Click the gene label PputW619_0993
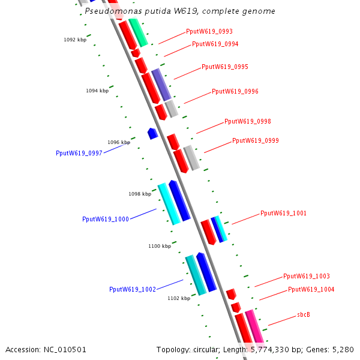click(x=209, y=31)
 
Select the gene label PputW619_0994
click(x=215, y=44)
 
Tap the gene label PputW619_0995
click(x=225, y=67)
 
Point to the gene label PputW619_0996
click(x=235, y=91)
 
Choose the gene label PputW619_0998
click(x=248, y=121)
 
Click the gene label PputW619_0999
click(x=256, y=140)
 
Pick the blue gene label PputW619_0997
click(x=79, y=153)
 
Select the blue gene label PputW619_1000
click(x=106, y=219)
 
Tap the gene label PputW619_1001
click(x=284, y=213)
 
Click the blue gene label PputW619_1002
click(x=133, y=289)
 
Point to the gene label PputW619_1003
click(x=307, y=276)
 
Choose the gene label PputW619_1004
click(x=311, y=289)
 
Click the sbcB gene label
click(x=304, y=314)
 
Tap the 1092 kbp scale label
click(x=75, y=40)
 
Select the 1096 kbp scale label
click(x=119, y=142)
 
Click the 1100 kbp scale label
click(x=160, y=246)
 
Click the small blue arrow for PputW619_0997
click(x=152, y=133)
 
